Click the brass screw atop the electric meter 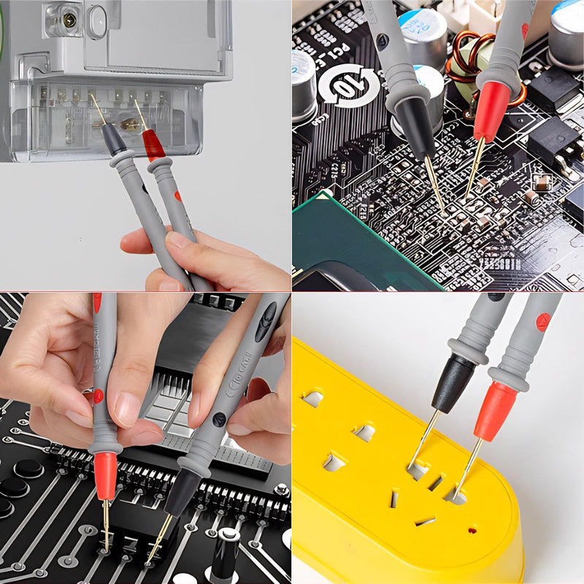coord(69,20)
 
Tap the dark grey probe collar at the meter coord(113,139)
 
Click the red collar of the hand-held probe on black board coord(105,475)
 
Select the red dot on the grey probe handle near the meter coord(177,196)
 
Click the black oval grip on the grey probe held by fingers coord(266,321)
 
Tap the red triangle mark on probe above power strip coord(542,321)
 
